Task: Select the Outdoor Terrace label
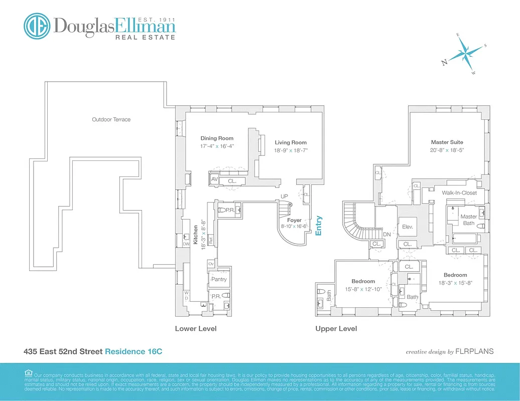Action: (x=111, y=119)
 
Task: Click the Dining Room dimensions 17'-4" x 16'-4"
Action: (x=217, y=146)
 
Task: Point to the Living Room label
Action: (x=290, y=142)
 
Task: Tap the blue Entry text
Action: (x=318, y=226)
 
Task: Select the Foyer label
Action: (x=294, y=220)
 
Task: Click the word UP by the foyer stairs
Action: (x=284, y=196)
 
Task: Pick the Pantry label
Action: (x=219, y=279)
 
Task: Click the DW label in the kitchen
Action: (x=185, y=244)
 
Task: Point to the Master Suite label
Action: (x=447, y=142)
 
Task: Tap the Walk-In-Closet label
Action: (x=459, y=192)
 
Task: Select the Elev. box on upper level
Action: (x=407, y=227)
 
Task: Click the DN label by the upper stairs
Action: (x=386, y=234)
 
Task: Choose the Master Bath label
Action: (x=468, y=220)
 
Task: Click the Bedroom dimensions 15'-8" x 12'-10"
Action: (x=363, y=289)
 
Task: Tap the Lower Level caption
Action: (x=196, y=329)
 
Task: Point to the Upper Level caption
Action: (x=336, y=329)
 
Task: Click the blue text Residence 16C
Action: (x=133, y=352)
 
